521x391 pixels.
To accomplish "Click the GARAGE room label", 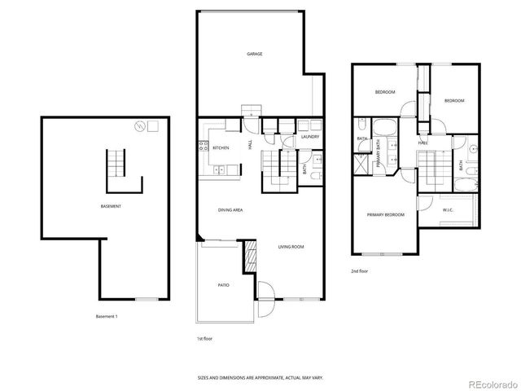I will tap(255, 54).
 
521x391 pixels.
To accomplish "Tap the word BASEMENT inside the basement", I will tap(111, 206).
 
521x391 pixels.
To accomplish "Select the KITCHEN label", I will tap(221, 147).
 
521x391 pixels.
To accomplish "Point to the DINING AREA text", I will tap(230, 210).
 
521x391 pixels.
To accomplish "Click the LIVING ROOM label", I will tap(291, 246).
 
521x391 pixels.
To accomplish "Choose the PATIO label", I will tap(223, 285).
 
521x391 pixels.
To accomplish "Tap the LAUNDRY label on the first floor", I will tap(309, 137).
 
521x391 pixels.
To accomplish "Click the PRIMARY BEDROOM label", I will tap(385, 214).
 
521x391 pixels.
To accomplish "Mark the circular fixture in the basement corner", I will tap(140, 126).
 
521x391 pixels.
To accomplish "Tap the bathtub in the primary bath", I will tap(384, 127).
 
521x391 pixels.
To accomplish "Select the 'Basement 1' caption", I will tap(107, 316).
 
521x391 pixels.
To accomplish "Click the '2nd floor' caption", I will tap(359, 270).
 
